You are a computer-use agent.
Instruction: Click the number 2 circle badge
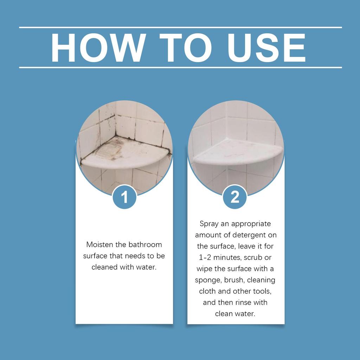coord(235,197)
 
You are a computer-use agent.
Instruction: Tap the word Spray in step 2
coord(209,224)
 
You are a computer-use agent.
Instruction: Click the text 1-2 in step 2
coord(206,257)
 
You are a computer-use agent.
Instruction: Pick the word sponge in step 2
coord(207,280)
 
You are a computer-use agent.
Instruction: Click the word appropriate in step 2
coord(252,224)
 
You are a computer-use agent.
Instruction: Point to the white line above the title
coord(180,27)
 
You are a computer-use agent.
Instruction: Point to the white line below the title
coord(180,67)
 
